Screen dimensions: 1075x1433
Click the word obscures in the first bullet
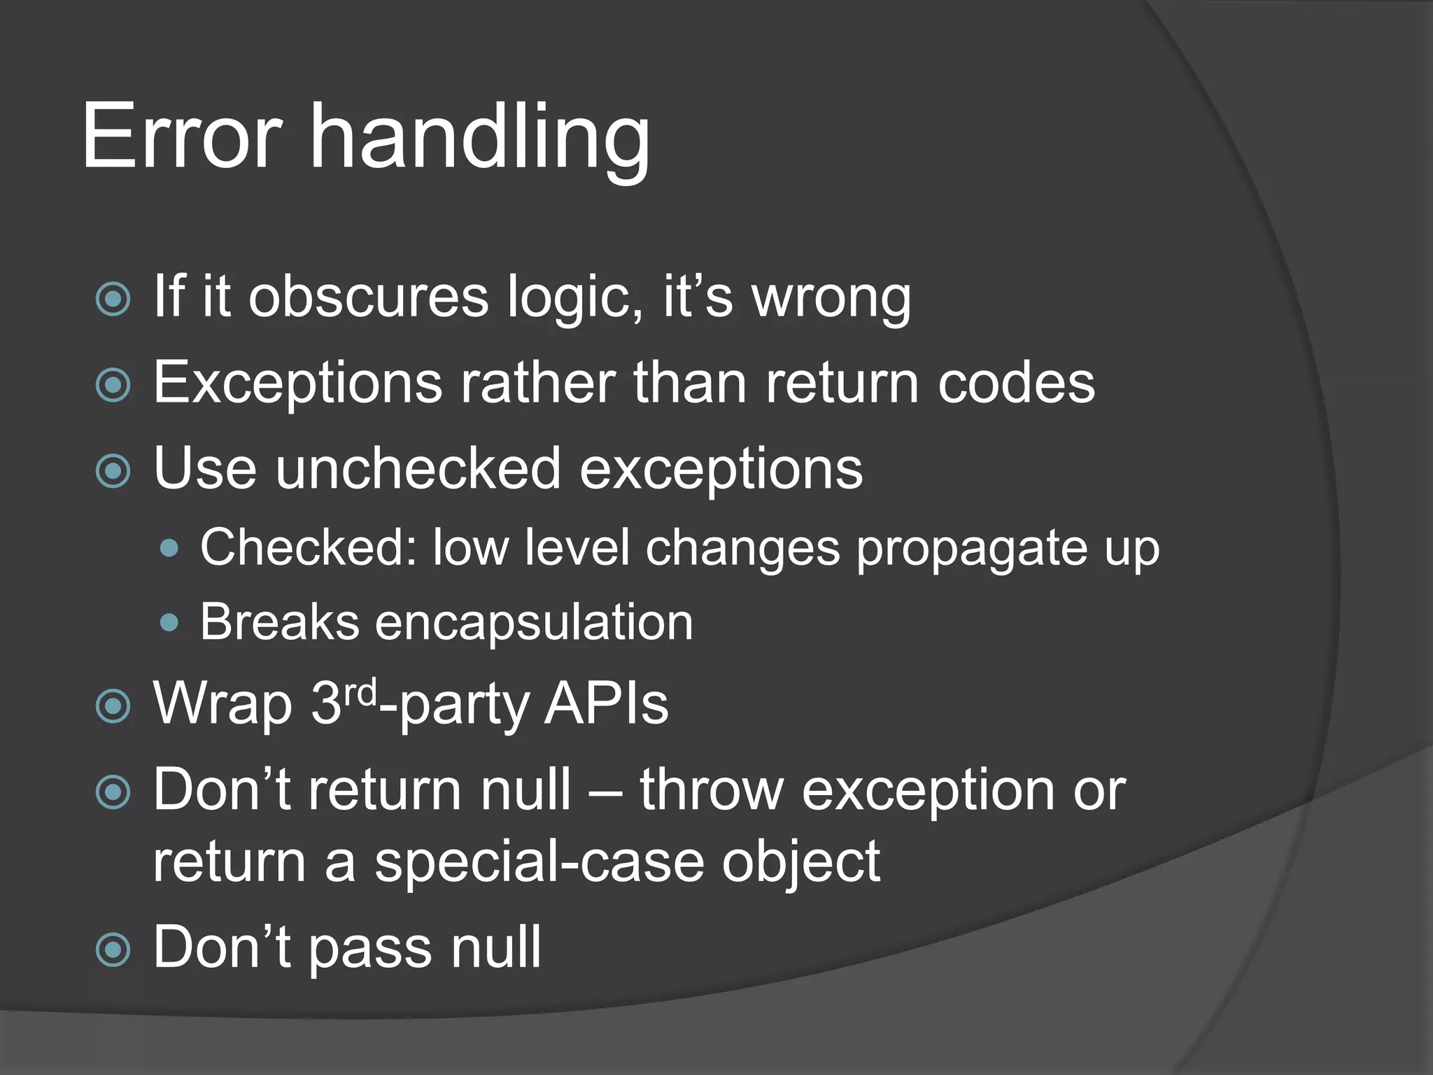pos(368,297)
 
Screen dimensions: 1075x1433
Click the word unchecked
pos(418,468)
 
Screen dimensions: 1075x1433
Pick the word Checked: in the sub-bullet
pos(309,547)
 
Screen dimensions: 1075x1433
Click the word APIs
pos(606,704)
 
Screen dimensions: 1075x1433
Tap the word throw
pos(712,790)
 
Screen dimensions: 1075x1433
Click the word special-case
pos(539,862)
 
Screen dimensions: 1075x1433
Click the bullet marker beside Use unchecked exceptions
pos(113,471)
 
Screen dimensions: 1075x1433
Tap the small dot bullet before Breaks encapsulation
pos(169,622)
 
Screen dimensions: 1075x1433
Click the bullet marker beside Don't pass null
pos(113,950)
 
